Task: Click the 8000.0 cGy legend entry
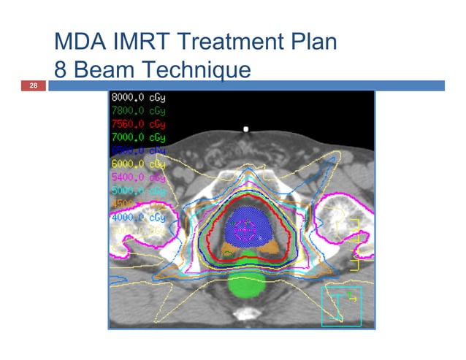(137, 98)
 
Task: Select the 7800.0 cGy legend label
(137, 111)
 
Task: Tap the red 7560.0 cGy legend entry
(137, 124)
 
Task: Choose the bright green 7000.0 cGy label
(137, 137)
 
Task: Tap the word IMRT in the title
(147, 42)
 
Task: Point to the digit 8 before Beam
(61, 69)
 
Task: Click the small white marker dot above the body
(247, 129)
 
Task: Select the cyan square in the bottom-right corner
(341, 306)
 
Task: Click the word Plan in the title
(312, 42)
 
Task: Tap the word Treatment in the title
(229, 42)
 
